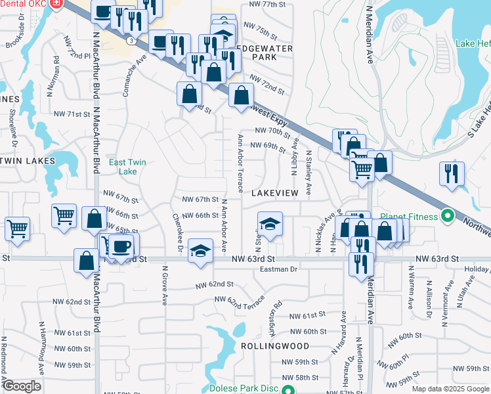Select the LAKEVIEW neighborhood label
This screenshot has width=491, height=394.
pos(280,192)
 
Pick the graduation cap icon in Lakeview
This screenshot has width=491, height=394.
pos(270,225)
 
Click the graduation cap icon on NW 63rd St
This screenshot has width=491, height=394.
pos(201,251)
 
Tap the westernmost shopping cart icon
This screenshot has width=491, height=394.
pos(17,229)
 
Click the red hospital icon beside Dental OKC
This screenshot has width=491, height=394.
pos(56,3)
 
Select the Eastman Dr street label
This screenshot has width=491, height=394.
pos(279,269)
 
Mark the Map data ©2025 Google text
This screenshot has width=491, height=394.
pos(449,389)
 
